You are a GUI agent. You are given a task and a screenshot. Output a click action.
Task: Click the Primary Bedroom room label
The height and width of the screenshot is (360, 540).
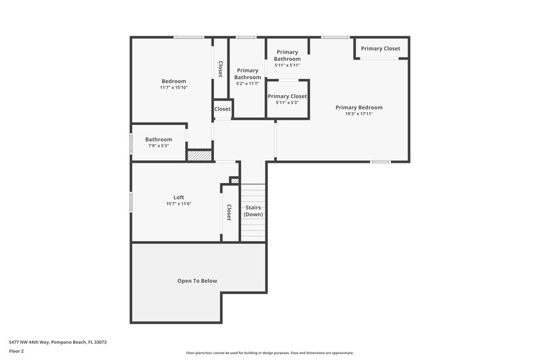359,107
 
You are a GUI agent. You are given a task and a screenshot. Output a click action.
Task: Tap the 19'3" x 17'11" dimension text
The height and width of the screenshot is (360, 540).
359,114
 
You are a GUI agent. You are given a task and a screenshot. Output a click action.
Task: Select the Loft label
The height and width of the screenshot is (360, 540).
179,197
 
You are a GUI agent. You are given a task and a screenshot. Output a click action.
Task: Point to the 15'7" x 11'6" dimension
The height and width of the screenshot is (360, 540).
179,204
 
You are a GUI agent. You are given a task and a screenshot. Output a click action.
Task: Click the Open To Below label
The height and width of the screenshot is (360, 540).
197,281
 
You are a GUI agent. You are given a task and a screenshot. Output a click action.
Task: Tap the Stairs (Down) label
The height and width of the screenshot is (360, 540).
253,211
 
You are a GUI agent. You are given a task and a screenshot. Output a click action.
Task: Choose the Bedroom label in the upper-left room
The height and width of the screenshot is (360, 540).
173,81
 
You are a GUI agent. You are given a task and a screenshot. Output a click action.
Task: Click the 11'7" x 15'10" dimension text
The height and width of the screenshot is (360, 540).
173,88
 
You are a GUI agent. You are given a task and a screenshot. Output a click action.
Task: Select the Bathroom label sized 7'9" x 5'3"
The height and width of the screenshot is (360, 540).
159,139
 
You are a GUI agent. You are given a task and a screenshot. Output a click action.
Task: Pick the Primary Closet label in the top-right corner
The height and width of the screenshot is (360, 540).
380,49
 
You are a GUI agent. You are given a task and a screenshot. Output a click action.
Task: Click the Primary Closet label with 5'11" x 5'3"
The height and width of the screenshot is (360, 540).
288,96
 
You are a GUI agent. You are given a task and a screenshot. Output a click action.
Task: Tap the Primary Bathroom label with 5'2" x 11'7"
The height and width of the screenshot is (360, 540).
248,74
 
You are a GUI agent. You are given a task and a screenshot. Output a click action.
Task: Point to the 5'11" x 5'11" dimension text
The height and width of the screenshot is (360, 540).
288,66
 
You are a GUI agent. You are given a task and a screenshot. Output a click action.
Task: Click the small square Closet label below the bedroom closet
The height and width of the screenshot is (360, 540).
223,109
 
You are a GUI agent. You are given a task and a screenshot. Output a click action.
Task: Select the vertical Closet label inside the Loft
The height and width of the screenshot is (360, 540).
229,212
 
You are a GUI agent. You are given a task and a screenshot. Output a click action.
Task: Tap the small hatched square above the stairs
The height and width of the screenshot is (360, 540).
234,180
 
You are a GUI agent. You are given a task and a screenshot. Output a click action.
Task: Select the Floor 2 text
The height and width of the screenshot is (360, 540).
16,352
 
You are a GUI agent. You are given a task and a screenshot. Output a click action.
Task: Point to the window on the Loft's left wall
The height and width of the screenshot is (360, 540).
131,201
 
